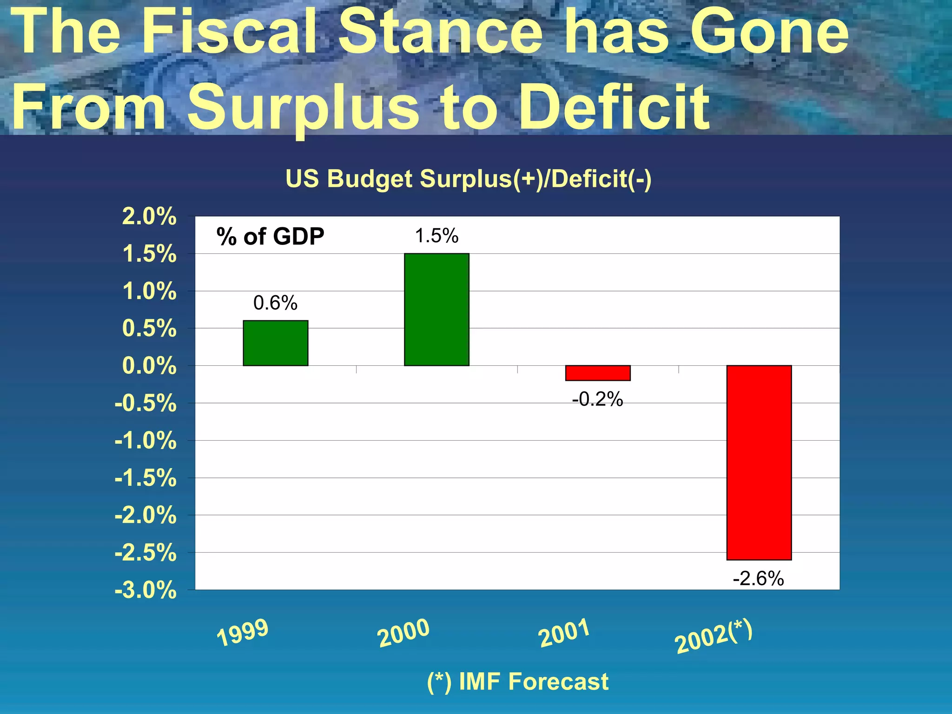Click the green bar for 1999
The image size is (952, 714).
click(275, 343)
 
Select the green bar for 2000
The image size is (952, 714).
click(436, 310)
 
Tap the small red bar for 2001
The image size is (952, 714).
click(598, 373)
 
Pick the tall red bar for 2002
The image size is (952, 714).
click(759, 463)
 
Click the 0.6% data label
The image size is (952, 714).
click(275, 303)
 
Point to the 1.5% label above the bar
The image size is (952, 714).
click(436, 236)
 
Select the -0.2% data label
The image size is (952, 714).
click(597, 399)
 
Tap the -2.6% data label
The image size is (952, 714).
click(758, 579)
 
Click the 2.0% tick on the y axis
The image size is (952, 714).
click(149, 217)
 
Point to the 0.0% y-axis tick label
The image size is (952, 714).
click(149, 366)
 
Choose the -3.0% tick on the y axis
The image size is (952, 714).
click(145, 590)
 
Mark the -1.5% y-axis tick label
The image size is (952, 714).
click(145, 478)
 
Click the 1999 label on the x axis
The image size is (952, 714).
click(243, 633)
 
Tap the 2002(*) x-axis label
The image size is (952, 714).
click(714, 636)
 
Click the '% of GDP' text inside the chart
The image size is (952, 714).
click(270, 237)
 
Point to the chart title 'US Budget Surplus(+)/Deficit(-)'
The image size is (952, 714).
click(468, 179)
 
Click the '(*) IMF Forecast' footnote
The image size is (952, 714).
click(517, 682)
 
